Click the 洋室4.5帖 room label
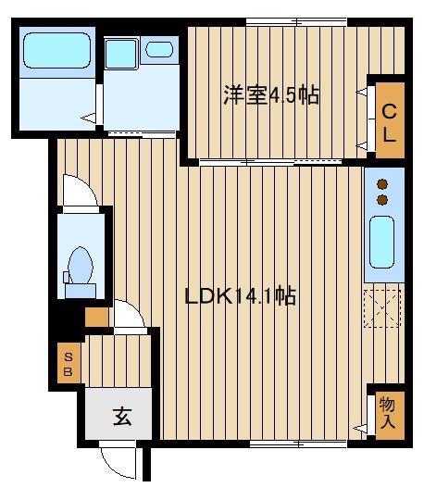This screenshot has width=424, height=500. click(x=271, y=95)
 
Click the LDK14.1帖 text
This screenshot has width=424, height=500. click(x=240, y=296)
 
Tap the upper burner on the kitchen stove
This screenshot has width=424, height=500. click(x=381, y=183)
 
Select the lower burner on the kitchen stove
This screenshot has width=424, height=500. click(x=381, y=198)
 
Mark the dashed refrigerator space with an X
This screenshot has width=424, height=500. click(x=381, y=308)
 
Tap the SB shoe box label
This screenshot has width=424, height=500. click(x=68, y=363)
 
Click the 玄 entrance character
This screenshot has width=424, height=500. click(x=122, y=416)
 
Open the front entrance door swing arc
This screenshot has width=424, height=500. click(x=121, y=462)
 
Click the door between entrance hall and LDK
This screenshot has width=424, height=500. click(x=129, y=316)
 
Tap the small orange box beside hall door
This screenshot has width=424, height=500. click(x=96, y=317)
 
